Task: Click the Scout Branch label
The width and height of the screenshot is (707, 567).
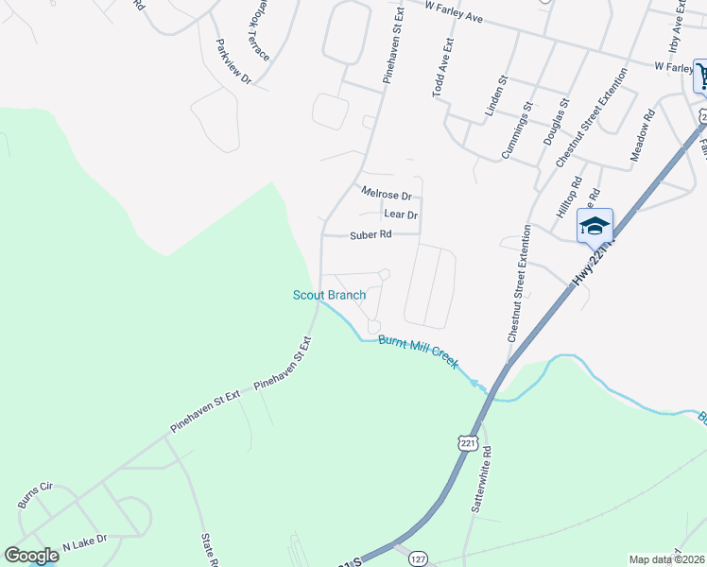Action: click(x=328, y=295)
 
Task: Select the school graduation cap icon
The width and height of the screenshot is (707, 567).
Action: click(x=595, y=226)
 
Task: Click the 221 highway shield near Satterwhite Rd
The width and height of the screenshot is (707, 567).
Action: click(x=466, y=442)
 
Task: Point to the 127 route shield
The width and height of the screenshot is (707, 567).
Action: click(x=417, y=559)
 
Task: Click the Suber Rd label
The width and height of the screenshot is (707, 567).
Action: click(x=371, y=234)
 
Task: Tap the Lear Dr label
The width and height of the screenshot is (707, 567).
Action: click(x=400, y=215)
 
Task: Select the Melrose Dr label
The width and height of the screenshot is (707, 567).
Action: click(x=387, y=195)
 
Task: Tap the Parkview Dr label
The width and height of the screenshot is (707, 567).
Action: click(x=233, y=62)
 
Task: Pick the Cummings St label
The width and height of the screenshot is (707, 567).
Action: click(x=514, y=132)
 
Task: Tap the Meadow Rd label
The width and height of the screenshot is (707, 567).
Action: click(x=642, y=137)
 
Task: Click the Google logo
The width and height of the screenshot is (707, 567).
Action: click(x=31, y=556)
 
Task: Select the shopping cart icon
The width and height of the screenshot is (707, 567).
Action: click(x=702, y=77)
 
